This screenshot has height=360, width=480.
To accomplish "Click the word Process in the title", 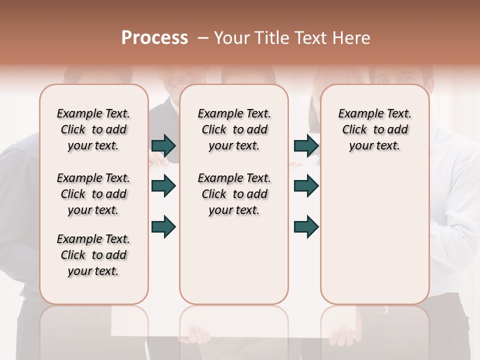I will tap(154, 38).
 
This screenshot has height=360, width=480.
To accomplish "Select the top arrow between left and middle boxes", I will tap(163, 145).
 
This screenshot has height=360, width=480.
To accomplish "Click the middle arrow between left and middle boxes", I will tap(163, 186).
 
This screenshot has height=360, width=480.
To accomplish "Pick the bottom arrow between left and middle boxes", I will tap(163, 226).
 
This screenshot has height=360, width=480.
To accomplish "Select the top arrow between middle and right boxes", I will tap(306, 145).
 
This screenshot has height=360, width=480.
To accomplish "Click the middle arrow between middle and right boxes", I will tap(306, 186).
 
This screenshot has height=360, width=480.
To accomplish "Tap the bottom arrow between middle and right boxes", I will tap(306, 226).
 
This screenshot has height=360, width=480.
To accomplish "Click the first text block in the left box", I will tap(93, 129).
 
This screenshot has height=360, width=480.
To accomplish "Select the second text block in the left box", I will tap(93, 194).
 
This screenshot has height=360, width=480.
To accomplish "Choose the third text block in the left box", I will tap(93, 255).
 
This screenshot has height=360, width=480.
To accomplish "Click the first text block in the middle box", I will tap(234, 129).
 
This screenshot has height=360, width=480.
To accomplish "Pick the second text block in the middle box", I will tap(234, 194).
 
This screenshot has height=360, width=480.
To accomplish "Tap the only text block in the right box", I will tap(374, 129).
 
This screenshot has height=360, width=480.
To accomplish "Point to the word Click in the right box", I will tap(354, 130).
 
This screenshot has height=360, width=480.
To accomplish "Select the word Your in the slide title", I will tap(230, 38).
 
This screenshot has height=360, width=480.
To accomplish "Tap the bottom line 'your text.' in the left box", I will tap(93, 271).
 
